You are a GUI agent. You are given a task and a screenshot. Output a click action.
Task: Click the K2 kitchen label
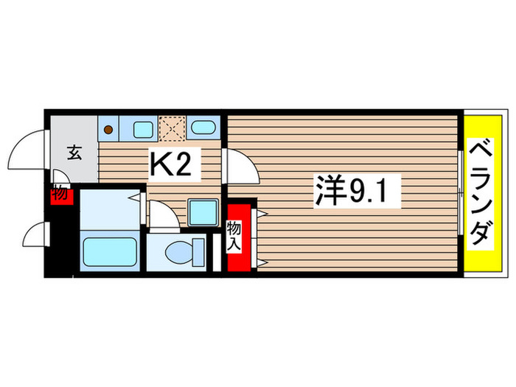point(175,164)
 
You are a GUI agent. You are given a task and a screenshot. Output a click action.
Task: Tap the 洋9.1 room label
point(357,193)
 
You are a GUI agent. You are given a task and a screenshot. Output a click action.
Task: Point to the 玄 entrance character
point(74,153)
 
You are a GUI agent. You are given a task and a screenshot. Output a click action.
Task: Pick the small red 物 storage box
point(59,195)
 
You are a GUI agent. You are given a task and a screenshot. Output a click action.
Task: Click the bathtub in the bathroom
point(109,253)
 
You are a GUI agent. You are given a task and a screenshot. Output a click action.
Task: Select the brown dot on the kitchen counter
point(108,130)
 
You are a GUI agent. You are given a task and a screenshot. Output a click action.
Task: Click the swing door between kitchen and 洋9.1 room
point(240,166)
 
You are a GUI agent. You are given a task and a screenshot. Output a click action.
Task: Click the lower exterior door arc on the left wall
point(35,237)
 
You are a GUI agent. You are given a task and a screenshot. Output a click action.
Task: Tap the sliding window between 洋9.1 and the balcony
point(459,194)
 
